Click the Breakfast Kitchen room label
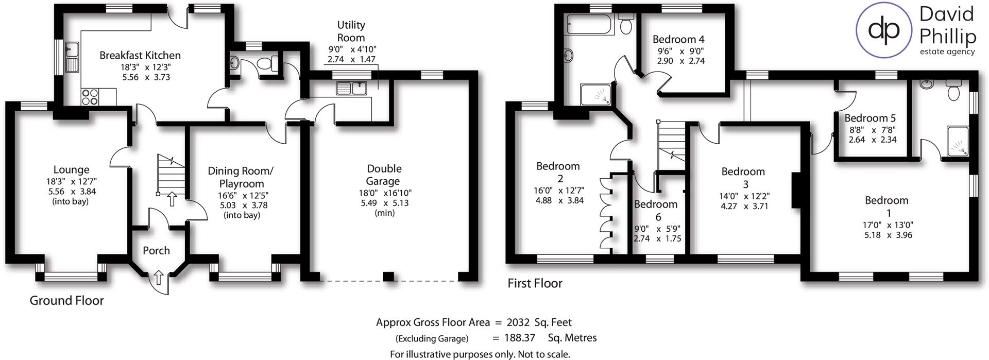[140, 55]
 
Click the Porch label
[156, 251]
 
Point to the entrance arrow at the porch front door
[158, 279]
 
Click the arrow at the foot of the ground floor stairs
[172, 199]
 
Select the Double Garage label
[383, 175]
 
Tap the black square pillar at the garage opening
[389, 276]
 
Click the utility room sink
[351, 89]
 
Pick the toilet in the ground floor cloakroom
[266, 64]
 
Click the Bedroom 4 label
[678, 40]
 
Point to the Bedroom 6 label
[655, 210]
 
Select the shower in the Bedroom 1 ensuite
[958, 141]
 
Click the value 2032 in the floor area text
[518, 323]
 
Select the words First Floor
[535, 283]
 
